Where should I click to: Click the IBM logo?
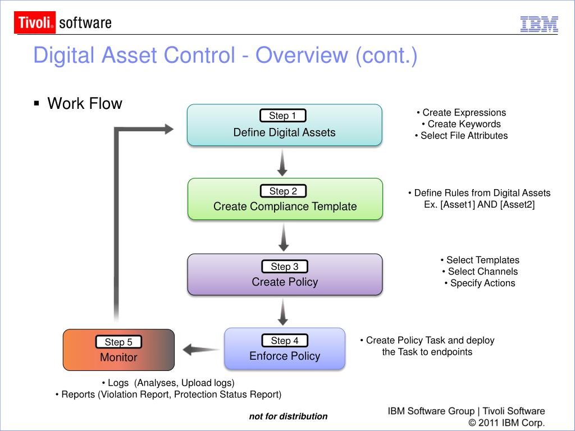coord(539,24)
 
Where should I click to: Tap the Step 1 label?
coord(283,116)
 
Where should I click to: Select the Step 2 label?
coord(283,191)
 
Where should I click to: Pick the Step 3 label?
coord(285,267)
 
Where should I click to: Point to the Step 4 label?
coord(285,341)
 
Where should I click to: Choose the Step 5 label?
coord(118,342)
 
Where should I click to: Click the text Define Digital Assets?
coord(284,132)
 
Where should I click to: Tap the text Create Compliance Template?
coord(285,207)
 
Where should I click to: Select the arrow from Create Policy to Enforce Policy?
coord(284,312)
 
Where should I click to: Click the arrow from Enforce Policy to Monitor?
coord(200,350)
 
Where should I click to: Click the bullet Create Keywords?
coord(461,124)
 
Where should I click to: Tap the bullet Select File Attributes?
coord(461,135)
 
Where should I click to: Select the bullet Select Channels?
coord(480,272)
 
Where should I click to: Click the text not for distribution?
coord(288,416)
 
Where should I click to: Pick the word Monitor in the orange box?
coord(118,357)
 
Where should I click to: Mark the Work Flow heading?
coord(84,104)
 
